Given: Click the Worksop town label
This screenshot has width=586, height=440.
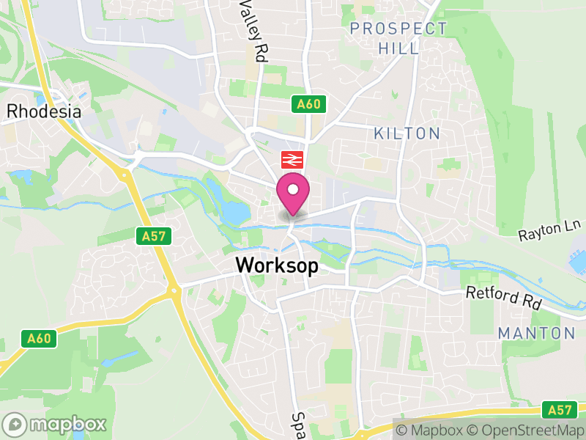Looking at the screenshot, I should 277,265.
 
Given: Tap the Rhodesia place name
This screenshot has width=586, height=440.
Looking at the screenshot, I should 43,111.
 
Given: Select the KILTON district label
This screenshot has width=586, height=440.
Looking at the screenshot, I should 407,133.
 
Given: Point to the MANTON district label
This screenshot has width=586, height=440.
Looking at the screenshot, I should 536,333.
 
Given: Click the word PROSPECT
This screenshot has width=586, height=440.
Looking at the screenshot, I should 398,29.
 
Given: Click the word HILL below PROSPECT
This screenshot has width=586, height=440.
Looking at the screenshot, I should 399,48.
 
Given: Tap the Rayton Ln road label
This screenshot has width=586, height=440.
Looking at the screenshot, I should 549,232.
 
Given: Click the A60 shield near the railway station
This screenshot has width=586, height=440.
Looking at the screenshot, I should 308,104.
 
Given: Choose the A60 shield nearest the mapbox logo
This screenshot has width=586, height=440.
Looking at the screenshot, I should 39,338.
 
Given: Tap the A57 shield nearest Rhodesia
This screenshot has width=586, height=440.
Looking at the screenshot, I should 149,235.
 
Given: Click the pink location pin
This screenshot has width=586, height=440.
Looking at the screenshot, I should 293,193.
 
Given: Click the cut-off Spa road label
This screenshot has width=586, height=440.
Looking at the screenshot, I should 297,424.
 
